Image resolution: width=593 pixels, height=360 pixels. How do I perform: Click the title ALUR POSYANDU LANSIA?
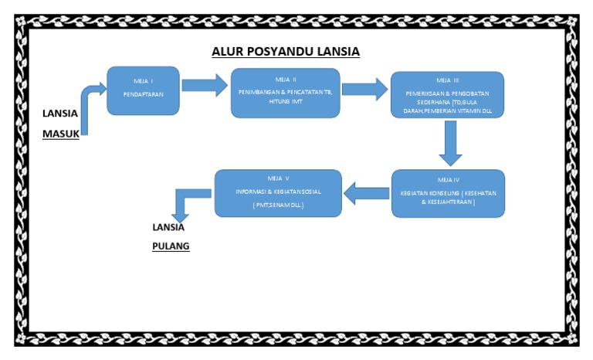click(x=286, y=53)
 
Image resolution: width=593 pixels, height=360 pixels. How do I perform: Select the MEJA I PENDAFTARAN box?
click(x=144, y=87)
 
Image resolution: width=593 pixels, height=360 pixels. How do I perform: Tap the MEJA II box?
click(x=285, y=93)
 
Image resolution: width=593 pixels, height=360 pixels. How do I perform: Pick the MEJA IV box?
click(x=448, y=192)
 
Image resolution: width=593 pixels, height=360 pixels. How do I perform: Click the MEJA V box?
click(x=277, y=192)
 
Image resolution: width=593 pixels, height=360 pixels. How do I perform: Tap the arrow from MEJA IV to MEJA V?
click(x=366, y=192)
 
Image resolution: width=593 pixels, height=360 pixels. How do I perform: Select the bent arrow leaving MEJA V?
click(x=186, y=202)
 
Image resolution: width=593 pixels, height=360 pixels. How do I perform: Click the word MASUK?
click(x=60, y=133)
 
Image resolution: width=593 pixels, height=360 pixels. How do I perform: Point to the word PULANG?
click(x=171, y=247)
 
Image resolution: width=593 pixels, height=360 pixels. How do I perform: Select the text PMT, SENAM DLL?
click(x=277, y=205)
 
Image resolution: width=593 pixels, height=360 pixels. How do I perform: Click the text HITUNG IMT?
click(x=286, y=100)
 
